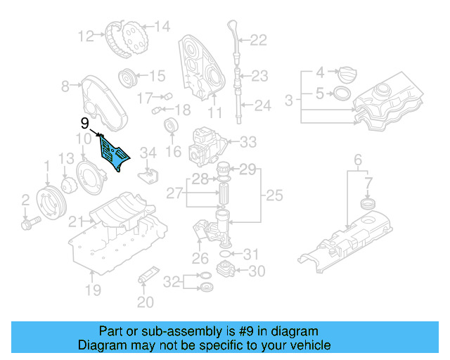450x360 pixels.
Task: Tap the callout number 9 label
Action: click(x=84, y=123)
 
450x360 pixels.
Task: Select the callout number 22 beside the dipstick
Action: click(x=258, y=40)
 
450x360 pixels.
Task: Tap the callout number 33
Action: click(x=248, y=142)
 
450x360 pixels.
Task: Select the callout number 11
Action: click(x=214, y=112)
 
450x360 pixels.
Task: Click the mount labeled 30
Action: click(x=226, y=270)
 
